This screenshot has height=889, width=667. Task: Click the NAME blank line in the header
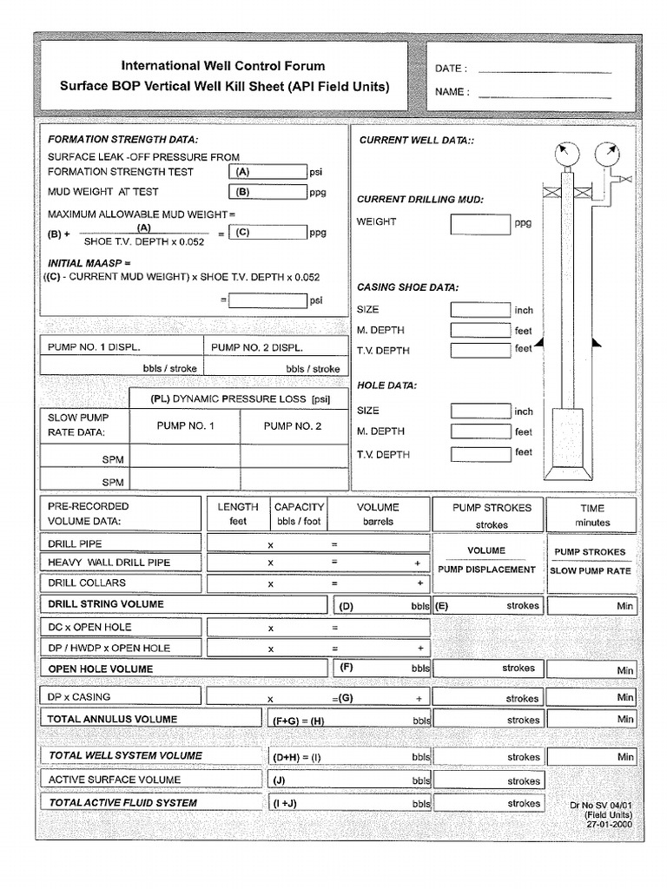pos(545,93)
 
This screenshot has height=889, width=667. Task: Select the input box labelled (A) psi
pos(267,172)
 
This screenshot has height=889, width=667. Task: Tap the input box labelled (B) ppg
pos(267,193)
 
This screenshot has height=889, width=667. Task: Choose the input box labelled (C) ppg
pos(267,233)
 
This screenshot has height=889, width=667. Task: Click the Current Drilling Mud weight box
pos(480,224)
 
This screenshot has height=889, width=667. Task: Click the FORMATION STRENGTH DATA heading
pos(122,139)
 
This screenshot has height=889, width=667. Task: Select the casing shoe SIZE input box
pos(480,310)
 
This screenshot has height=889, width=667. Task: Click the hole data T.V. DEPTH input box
pos(480,453)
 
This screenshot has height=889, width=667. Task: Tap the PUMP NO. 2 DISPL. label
pos(257,347)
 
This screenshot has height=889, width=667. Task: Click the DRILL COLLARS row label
pos(87,583)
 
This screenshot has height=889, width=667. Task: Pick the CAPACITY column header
pos(299,507)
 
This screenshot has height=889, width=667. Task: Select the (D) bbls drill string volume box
pos(381,606)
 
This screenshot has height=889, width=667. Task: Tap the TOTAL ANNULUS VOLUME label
pos(113,719)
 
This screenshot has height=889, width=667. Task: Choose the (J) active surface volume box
pos(348,780)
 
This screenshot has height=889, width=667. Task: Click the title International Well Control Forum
pos(223,66)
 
